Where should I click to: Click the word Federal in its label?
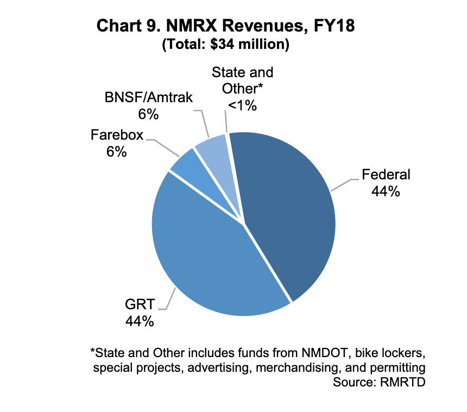click(x=386, y=175)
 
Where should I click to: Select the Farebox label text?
click(x=117, y=134)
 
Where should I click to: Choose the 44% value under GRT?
click(x=140, y=321)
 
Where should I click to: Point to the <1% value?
click(x=242, y=106)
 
